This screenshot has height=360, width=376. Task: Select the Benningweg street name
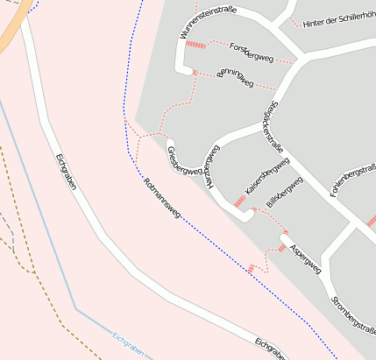[x=234, y=78]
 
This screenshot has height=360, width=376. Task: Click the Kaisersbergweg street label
[x=267, y=175]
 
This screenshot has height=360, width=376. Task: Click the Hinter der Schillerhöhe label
[x=338, y=24]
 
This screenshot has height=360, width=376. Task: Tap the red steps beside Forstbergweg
[x=195, y=45]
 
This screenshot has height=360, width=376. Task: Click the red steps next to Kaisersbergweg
[x=239, y=201]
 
